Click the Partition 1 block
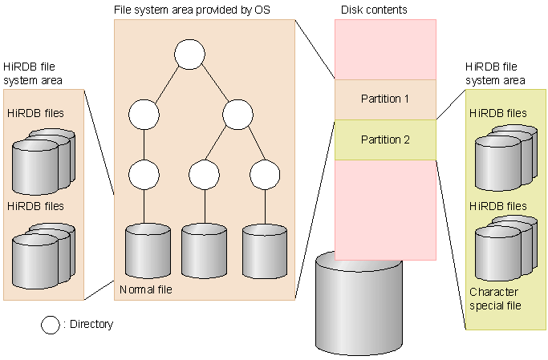[385, 99]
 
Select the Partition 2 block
[385, 140]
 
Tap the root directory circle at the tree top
[190, 55]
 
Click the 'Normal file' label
[146, 289]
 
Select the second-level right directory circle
[238, 114]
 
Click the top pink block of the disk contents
[385, 50]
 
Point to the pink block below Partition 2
[385, 208]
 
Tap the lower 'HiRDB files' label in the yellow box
[498, 206]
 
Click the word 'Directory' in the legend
[91, 325]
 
